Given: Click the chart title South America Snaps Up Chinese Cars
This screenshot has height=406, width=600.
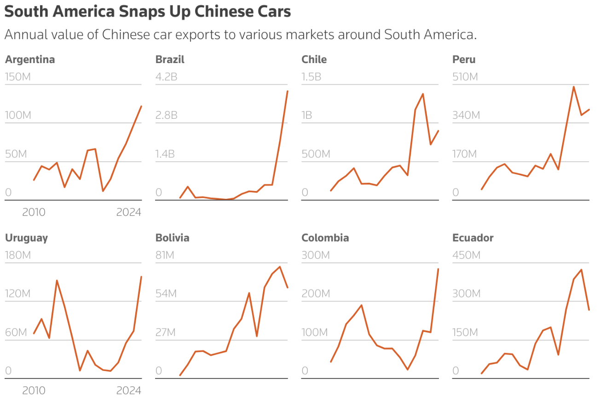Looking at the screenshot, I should [x=147, y=12].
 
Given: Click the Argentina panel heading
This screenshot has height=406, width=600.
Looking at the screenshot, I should [x=30, y=59].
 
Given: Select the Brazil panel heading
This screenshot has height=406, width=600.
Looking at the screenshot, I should [x=170, y=59].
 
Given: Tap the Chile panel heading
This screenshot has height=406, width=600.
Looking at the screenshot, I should [x=314, y=59].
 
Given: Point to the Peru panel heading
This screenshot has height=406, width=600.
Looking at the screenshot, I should [x=464, y=59].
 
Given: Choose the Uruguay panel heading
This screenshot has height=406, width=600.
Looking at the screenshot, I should [x=26, y=238].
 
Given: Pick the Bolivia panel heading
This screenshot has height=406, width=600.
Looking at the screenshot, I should [x=172, y=238].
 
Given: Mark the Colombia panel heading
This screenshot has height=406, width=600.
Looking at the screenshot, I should [x=325, y=238].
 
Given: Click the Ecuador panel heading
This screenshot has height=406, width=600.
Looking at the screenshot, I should [x=473, y=238].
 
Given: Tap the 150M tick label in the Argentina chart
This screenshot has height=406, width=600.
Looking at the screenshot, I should [x=18, y=76].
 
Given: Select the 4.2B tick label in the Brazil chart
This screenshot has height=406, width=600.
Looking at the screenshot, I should [x=166, y=76].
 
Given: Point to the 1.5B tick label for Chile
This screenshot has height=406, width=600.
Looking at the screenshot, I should [x=312, y=76].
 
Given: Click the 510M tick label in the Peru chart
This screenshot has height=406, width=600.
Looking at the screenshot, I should [x=465, y=76].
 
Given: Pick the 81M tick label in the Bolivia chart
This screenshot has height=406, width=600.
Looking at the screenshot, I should [x=165, y=255].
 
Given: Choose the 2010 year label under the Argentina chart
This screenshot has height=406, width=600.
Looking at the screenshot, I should [x=34, y=212].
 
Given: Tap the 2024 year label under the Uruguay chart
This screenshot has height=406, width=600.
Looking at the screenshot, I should [x=128, y=390].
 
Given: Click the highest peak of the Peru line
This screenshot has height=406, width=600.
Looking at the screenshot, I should [x=574, y=87].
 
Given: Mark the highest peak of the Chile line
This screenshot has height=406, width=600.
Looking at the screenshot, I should [x=422, y=94].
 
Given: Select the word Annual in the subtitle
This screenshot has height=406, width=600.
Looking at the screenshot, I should [x=29, y=35].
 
